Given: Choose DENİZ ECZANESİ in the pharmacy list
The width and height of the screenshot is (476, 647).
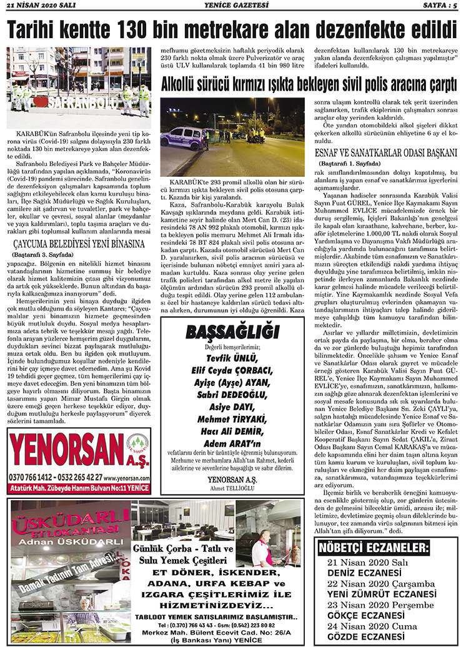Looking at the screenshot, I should [364, 572].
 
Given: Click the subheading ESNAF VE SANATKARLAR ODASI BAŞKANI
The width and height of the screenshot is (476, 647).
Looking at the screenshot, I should [386, 152].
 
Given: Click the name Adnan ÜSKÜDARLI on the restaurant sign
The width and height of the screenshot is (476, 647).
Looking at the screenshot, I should [69, 540].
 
